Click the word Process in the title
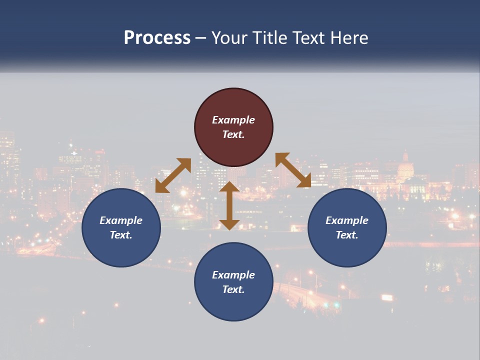(157, 38)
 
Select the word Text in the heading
(308, 38)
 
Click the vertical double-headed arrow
(229, 205)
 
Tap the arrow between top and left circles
(173, 175)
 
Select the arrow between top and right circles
(293, 170)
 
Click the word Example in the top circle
(233, 120)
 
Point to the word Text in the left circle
(121, 235)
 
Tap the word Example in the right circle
(347, 220)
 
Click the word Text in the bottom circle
(233, 289)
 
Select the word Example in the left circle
(121, 220)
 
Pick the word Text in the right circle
(347, 235)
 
